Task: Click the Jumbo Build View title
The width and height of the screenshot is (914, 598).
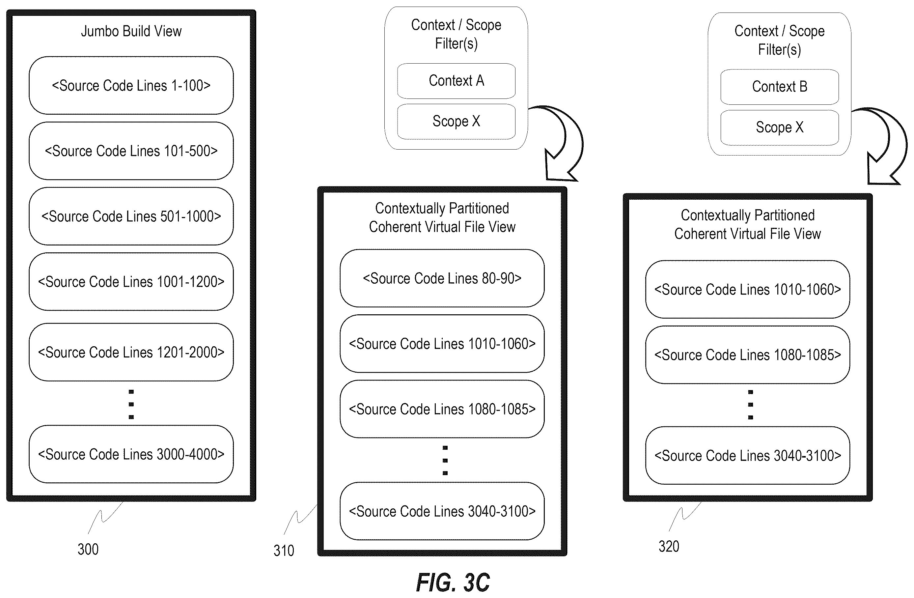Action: [131, 31]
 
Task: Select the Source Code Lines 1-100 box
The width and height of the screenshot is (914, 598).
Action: [131, 85]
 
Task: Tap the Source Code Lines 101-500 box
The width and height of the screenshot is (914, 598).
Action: [131, 151]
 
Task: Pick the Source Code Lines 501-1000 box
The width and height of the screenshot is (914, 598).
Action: [131, 216]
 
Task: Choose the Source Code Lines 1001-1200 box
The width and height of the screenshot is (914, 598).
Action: [131, 281]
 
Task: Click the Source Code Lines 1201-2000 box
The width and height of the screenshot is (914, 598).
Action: [131, 352]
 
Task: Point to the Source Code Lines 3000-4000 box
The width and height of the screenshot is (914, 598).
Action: [131, 454]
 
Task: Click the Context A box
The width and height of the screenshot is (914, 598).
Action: [456, 81]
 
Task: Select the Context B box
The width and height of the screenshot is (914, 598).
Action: [780, 87]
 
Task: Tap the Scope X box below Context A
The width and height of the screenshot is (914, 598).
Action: [456, 121]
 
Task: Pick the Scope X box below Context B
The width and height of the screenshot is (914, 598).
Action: [780, 128]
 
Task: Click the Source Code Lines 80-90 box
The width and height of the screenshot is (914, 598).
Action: [442, 278]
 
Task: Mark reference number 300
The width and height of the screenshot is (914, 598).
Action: [88, 549]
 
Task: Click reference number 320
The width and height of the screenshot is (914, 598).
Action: [669, 547]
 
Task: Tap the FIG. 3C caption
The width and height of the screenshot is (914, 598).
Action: [453, 583]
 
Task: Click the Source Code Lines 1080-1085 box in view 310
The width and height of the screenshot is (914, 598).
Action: [442, 409]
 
